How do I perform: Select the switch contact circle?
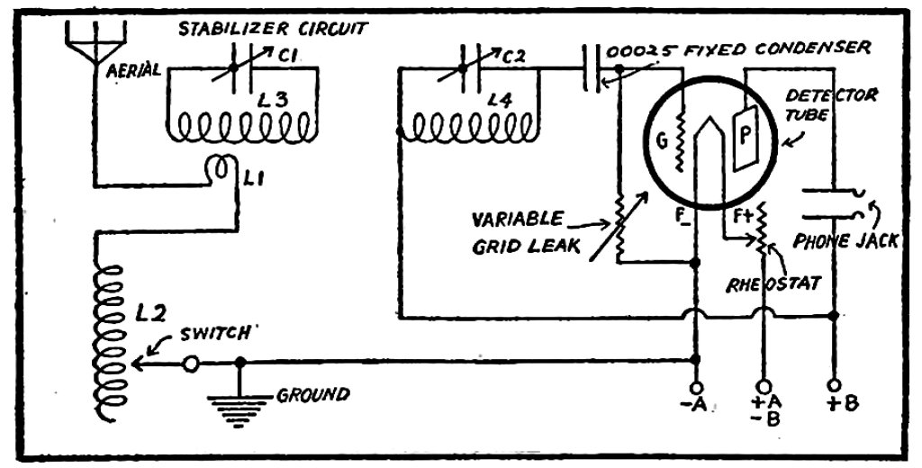click(x=191, y=364)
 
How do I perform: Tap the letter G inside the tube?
click(x=661, y=142)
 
